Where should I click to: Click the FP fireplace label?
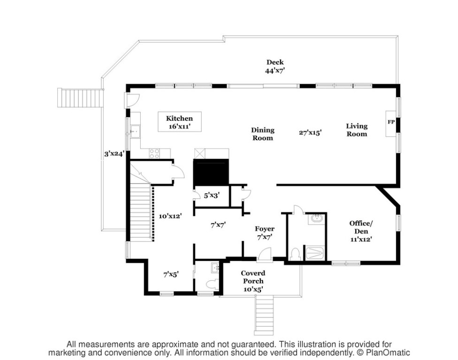pyautogui.click(x=391, y=122)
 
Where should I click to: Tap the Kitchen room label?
pyautogui.click(x=179, y=119)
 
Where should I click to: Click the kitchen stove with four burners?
pyautogui.click(x=154, y=153)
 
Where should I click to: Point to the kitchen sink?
pyautogui.click(x=135, y=132)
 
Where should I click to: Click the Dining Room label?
pyautogui.click(x=263, y=134)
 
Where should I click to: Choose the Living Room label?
pyautogui.click(x=357, y=130)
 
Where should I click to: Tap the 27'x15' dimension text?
pyautogui.click(x=310, y=133)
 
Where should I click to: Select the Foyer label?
pyautogui.click(x=265, y=229)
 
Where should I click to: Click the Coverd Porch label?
pyautogui.click(x=253, y=277)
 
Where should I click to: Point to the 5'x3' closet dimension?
pyautogui.click(x=212, y=195)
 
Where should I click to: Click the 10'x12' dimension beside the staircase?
pyautogui.click(x=170, y=216)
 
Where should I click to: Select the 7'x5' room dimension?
pyautogui.click(x=171, y=274)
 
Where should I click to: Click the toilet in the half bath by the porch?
pyautogui.click(x=212, y=284)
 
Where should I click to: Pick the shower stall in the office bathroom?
pyautogui.click(x=314, y=253)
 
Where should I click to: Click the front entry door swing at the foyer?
pyautogui.click(x=265, y=253)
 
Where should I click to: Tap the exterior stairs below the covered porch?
pyautogui.click(x=264, y=315)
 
